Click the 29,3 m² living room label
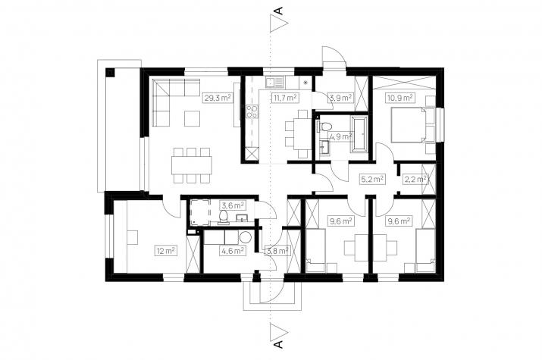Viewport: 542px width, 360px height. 218,98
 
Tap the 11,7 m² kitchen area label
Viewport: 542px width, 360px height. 285,98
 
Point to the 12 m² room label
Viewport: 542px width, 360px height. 166,250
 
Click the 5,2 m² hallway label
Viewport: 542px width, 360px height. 372,180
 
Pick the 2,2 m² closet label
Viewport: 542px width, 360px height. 416,180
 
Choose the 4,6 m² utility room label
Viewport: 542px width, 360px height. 233,250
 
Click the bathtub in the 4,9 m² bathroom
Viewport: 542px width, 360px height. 359,134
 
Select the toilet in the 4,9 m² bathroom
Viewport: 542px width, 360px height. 324,127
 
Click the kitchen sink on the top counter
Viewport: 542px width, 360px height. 274,82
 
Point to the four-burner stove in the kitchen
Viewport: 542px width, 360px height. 252,111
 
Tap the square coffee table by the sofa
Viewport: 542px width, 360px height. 193,118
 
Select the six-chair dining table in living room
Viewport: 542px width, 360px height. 192,165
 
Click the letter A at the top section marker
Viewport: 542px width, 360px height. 279,11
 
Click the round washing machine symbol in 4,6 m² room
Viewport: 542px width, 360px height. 246,237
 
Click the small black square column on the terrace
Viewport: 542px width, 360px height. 110,73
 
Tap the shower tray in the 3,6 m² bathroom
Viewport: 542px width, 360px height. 199,211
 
